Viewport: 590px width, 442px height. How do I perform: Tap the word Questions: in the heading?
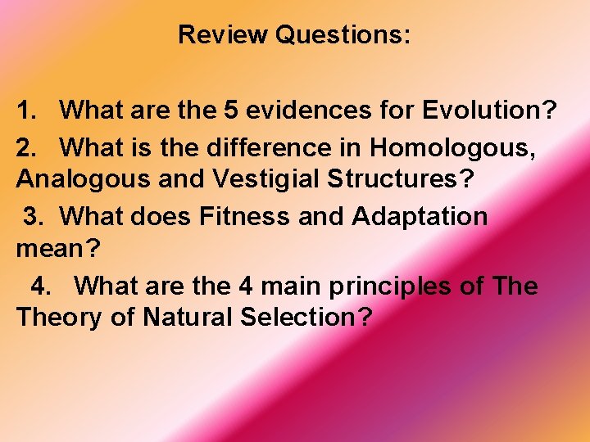coord(343,35)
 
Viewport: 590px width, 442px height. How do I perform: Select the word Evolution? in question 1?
coord(489,110)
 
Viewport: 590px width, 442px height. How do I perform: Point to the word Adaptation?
coord(420,217)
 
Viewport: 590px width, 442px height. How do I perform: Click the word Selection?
coord(306,318)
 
